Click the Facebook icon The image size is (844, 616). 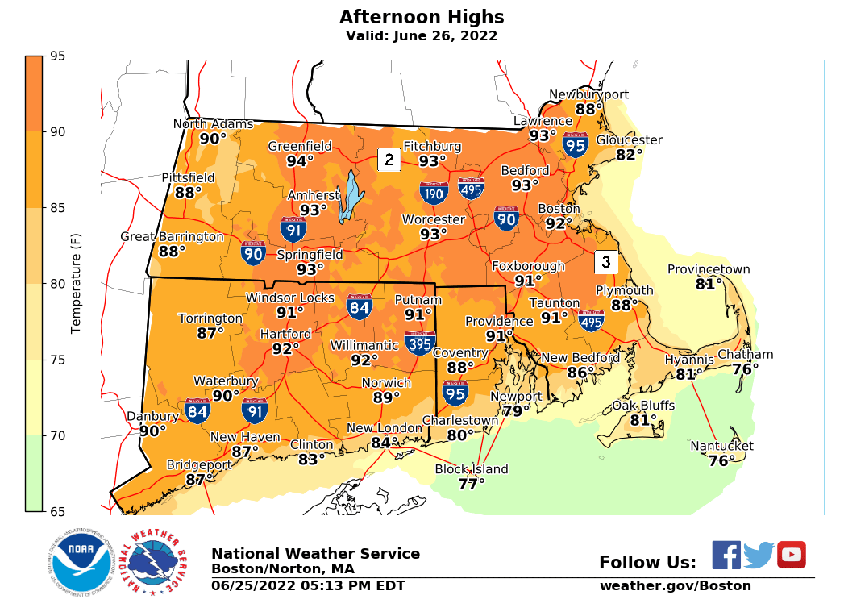pyautogui.click(x=726, y=555)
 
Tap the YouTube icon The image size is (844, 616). pyautogui.click(x=791, y=555)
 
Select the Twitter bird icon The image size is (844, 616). pyautogui.click(x=759, y=556)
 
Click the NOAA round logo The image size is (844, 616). pyautogui.click(x=79, y=562)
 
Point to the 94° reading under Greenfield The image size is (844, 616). pyautogui.click(x=300, y=160)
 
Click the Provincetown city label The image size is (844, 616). pyautogui.click(x=709, y=269)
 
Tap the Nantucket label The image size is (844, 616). pyautogui.click(x=721, y=446)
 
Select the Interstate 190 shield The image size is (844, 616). pyautogui.click(x=433, y=192)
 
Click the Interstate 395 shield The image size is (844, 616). pyautogui.click(x=419, y=343)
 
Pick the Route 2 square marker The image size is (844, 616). pyautogui.click(x=389, y=160)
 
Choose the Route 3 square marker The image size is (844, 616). pyautogui.click(x=606, y=262)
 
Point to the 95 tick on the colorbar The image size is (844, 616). pyautogui.click(x=58, y=56)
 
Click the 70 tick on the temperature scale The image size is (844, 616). pyautogui.click(x=58, y=435)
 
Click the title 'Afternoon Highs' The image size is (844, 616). pyautogui.click(x=422, y=17)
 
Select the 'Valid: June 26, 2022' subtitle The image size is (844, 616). pyautogui.click(x=422, y=36)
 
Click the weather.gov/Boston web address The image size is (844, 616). pyautogui.click(x=675, y=586)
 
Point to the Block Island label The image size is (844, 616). pyautogui.click(x=472, y=469)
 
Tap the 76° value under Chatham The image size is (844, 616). pyautogui.click(x=745, y=369)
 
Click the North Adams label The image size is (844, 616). pyautogui.click(x=213, y=123)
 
